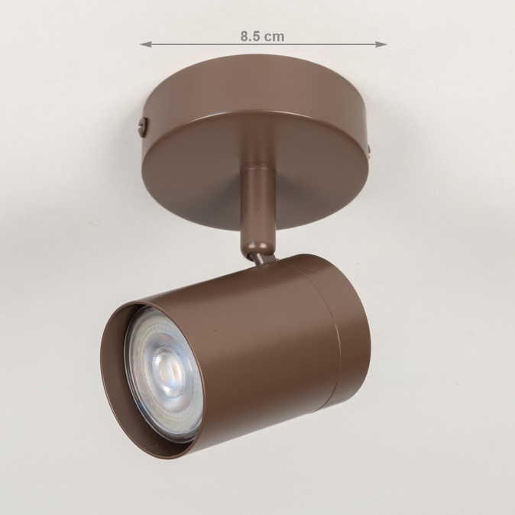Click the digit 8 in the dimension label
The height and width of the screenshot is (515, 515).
pyautogui.click(x=245, y=36)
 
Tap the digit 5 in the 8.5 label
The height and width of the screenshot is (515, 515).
pyautogui.click(x=257, y=36)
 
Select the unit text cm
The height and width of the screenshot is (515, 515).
pyautogui.click(x=274, y=37)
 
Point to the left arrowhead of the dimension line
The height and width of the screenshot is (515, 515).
pyautogui.click(x=146, y=44)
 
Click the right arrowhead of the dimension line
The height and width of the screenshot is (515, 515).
pyautogui.click(x=381, y=44)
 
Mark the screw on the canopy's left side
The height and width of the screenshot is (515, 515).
pyautogui.click(x=143, y=127)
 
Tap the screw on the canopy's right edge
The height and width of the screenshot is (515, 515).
pyautogui.click(x=369, y=152)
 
